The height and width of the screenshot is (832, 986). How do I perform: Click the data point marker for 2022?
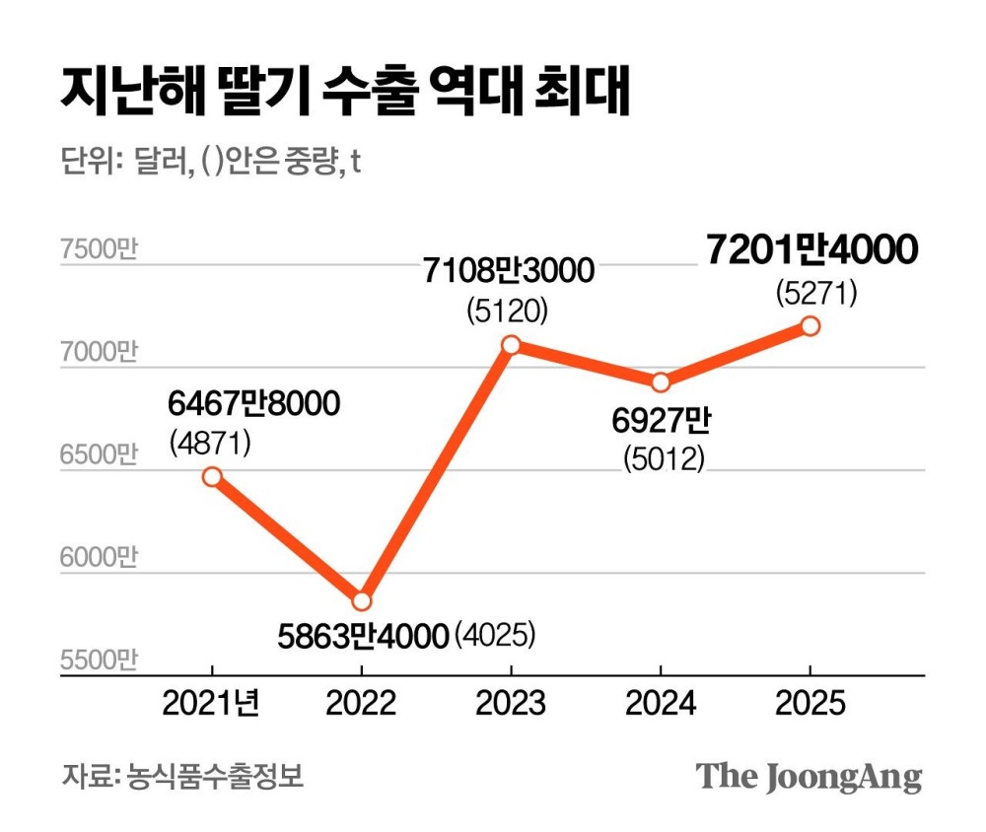click(361, 600)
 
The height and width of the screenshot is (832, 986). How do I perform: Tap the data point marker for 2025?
click(810, 325)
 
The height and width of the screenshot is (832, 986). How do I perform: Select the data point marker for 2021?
click(211, 476)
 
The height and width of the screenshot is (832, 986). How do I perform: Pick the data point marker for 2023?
click(511, 344)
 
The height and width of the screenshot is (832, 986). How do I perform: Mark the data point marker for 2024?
click(661, 382)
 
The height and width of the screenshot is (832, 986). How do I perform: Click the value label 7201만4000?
click(811, 250)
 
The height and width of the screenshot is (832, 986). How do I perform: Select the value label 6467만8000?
click(253, 402)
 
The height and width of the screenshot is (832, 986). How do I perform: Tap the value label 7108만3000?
click(509, 270)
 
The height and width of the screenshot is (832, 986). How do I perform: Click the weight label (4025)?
click(496, 635)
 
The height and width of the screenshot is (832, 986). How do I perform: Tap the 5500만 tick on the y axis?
click(98, 659)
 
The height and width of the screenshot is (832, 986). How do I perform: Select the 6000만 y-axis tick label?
click(98, 558)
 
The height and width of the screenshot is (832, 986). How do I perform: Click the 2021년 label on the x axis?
click(211, 702)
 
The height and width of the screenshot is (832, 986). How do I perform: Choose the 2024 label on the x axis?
click(661, 702)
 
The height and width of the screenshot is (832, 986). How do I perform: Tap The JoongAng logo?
click(809, 776)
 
